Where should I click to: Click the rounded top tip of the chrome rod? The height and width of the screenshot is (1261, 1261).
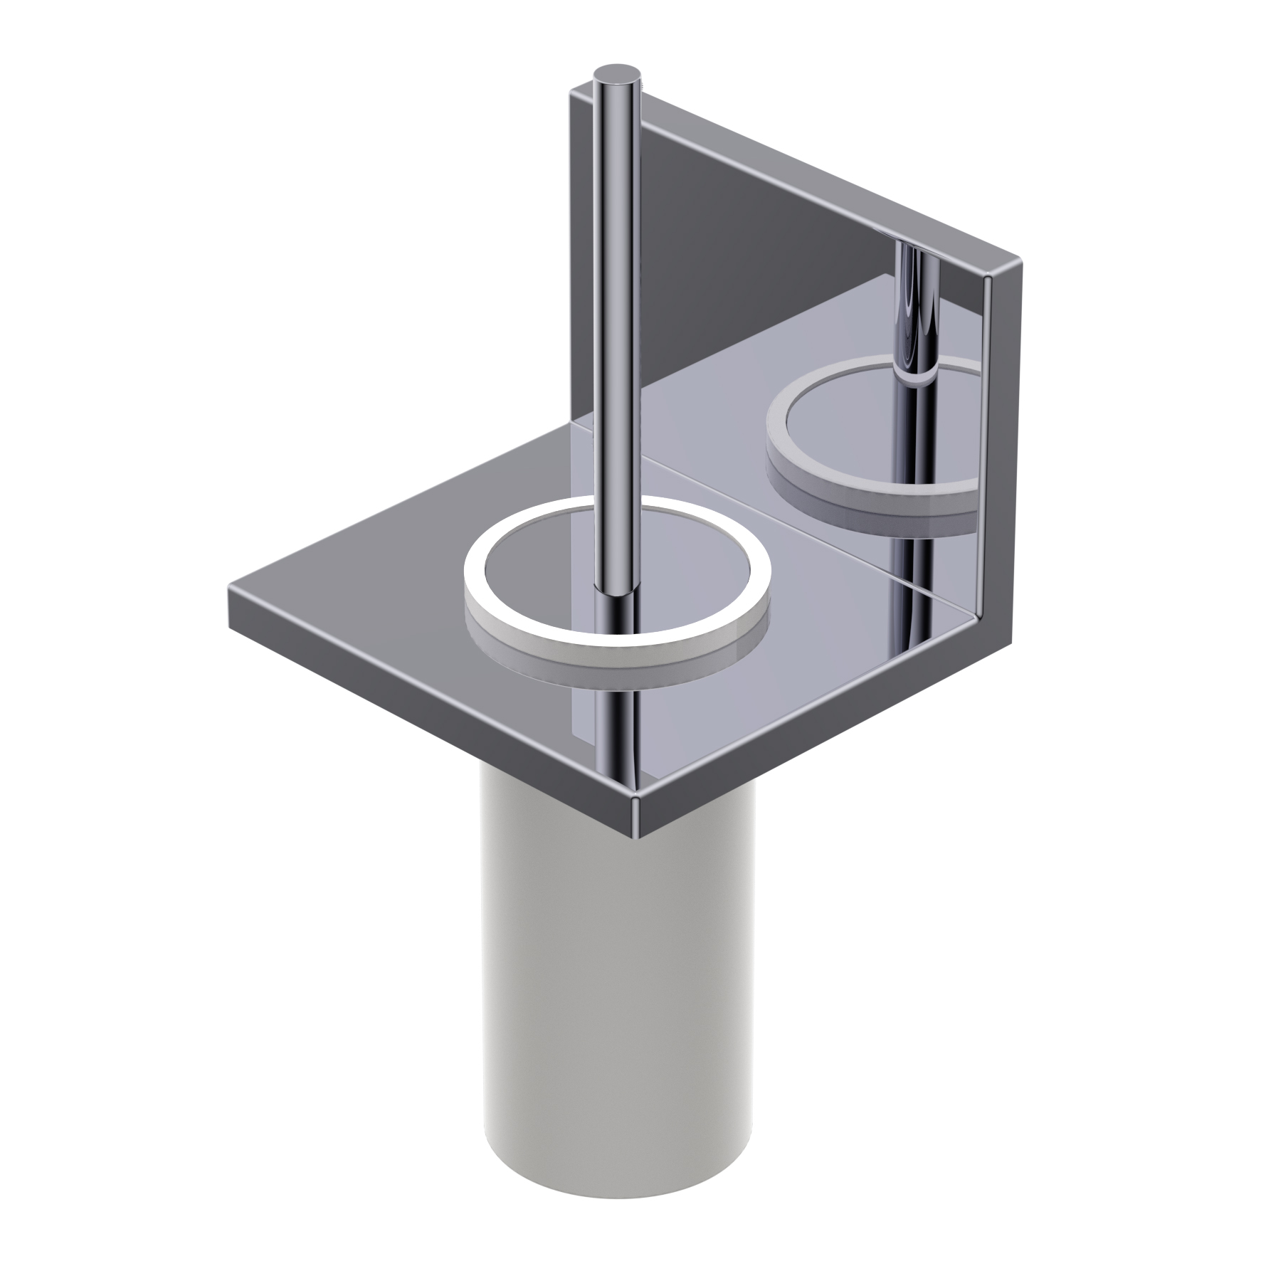pyautogui.click(x=618, y=73)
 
